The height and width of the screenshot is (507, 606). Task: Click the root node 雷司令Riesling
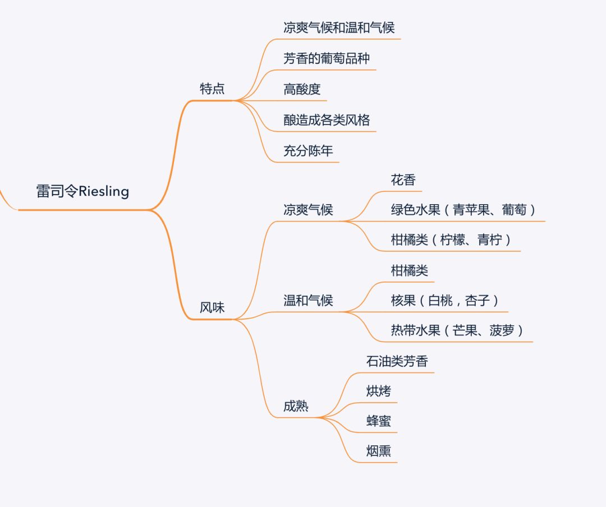(x=82, y=191)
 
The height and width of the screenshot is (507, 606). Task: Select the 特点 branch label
(x=212, y=89)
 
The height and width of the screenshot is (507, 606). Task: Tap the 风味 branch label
(x=212, y=307)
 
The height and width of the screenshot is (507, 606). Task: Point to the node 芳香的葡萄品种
(x=327, y=58)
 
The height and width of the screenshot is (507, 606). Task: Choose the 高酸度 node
(x=302, y=89)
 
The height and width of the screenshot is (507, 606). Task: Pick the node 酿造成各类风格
(x=327, y=119)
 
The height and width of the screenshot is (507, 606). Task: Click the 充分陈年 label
(x=308, y=150)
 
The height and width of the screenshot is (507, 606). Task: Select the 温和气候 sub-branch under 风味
(x=308, y=301)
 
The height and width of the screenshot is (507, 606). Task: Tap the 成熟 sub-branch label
(x=296, y=406)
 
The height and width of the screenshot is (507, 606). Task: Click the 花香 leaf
(x=403, y=180)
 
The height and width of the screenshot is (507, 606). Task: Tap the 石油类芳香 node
(x=397, y=361)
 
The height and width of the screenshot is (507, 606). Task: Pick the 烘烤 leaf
(x=379, y=391)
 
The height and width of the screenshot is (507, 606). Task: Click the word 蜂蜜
(x=379, y=421)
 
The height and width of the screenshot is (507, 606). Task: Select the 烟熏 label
(x=379, y=451)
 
